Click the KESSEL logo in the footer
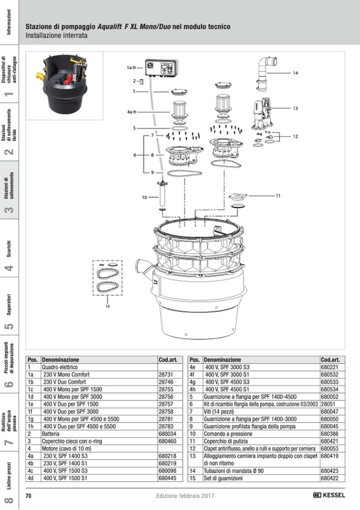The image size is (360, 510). pos(329,496)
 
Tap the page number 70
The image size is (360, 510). pos(29,496)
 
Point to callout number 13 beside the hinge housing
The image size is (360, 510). pos(295,108)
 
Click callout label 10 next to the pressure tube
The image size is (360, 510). pos(144,197)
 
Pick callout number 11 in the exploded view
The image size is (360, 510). pos(277,196)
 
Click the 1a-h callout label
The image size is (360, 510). pos(132,68)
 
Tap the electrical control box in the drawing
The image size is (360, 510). pos(162,69)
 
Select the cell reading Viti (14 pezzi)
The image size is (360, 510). pos(219,412)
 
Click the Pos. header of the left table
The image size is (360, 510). pos(32,359)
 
